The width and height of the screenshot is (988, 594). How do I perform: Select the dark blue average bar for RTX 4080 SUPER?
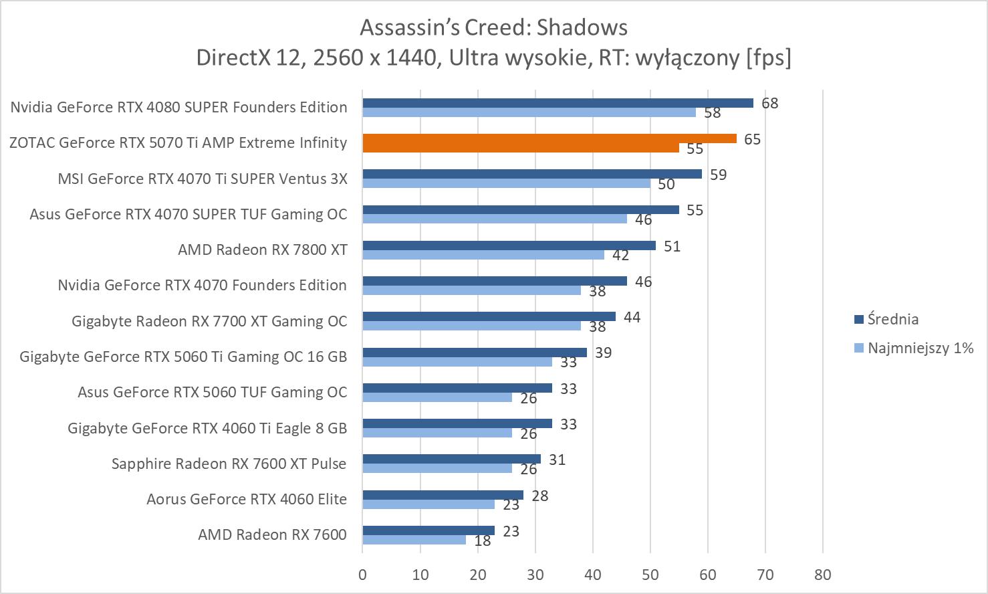(x=558, y=103)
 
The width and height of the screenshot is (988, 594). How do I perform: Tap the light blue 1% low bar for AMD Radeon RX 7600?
(x=414, y=540)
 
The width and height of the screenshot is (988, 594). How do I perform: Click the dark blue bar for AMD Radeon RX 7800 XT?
(x=509, y=245)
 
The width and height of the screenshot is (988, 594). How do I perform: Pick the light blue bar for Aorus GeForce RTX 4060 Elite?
(x=428, y=504)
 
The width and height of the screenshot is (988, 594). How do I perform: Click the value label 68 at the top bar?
(x=769, y=103)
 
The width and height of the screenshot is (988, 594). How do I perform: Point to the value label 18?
(x=482, y=540)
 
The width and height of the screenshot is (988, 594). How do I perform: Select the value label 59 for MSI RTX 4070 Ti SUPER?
(x=718, y=175)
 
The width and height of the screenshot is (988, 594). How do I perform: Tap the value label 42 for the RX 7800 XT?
(x=620, y=256)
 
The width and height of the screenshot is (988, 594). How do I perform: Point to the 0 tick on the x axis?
(x=362, y=574)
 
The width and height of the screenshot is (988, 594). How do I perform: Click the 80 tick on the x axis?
(x=823, y=574)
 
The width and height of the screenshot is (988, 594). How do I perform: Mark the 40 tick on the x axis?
(x=592, y=574)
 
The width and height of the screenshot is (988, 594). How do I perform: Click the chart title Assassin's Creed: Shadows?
(x=493, y=27)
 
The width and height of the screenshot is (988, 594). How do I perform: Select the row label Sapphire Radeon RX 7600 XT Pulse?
(x=229, y=464)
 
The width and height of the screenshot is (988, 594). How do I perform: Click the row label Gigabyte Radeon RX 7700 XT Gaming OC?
(x=209, y=321)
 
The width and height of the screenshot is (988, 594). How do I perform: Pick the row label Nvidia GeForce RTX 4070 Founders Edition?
(x=202, y=285)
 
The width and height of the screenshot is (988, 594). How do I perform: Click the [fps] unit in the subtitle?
(x=768, y=58)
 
